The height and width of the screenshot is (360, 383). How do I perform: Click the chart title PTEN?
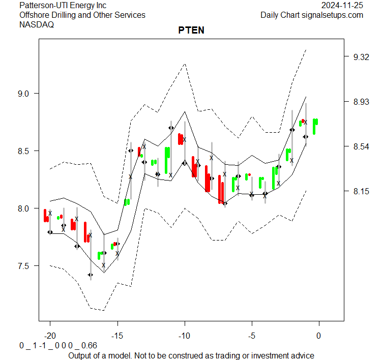pyautogui.click(x=191, y=30)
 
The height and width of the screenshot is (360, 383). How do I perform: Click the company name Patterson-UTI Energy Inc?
pyautogui.click(x=63, y=6)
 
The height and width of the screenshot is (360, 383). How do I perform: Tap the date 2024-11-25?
pyautogui.click(x=342, y=6)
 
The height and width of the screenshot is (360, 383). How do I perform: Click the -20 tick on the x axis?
pyautogui.click(x=50, y=336)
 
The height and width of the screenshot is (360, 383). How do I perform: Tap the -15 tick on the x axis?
pyautogui.click(x=117, y=336)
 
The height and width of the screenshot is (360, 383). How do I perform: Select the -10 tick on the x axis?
pyautogui.click(x=185, y=336)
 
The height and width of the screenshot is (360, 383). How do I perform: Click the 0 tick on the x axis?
pyautogui.click(x=319, y=336)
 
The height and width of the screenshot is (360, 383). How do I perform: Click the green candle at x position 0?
pyautogui.click(x=315, y=126)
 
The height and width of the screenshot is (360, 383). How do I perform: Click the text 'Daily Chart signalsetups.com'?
pyautogui.click(x=312, y=15)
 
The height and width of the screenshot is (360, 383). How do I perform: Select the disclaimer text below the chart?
pyautogui.click(x=191, y=355)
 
